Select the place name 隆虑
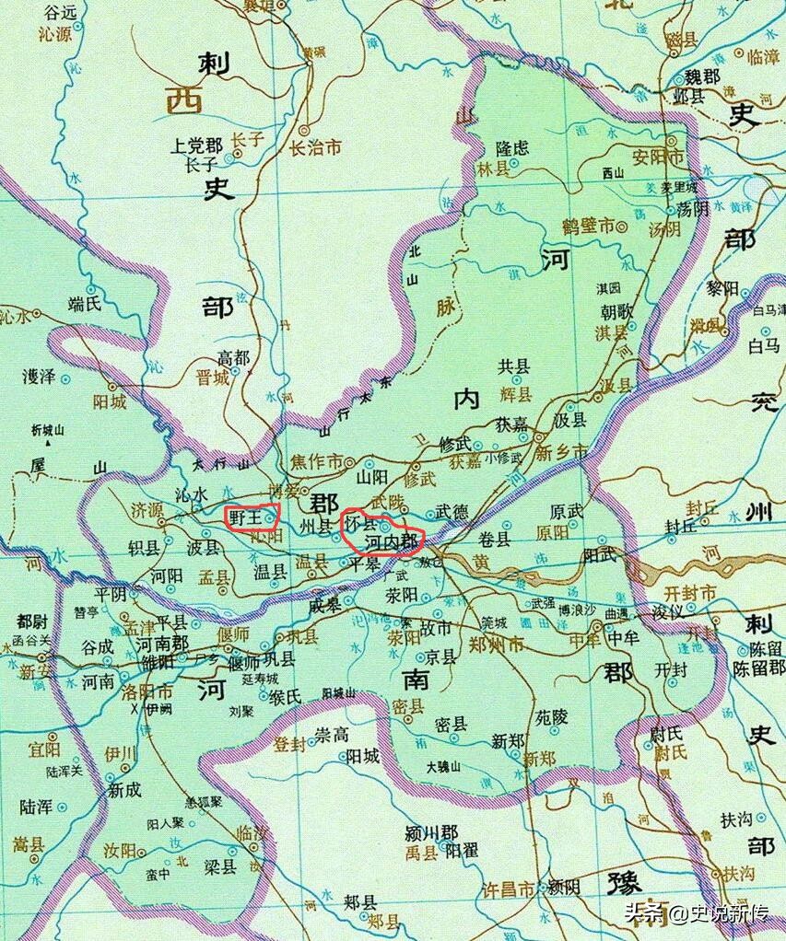tap(512, 147)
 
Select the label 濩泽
tap(41, 377)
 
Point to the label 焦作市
tap(317, 460)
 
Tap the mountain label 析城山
tap(48, 430)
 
